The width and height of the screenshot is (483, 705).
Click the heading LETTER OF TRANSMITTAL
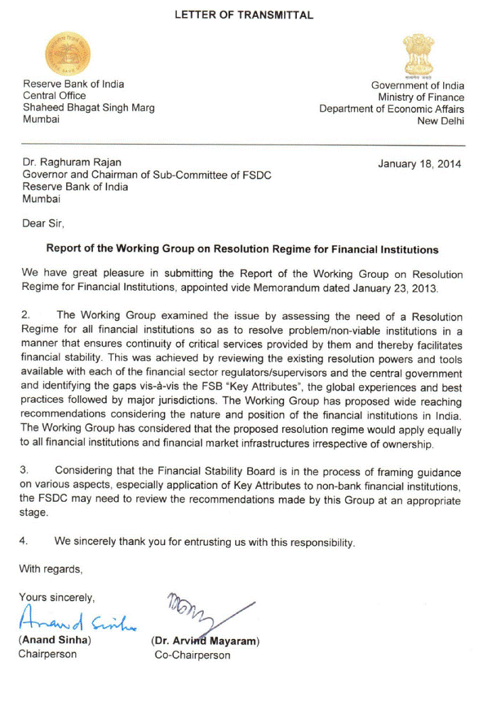244,15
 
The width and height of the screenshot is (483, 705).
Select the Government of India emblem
414,55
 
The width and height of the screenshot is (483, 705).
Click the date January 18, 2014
419,164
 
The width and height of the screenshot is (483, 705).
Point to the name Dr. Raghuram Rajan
66,163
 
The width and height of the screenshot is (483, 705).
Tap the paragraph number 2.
26,316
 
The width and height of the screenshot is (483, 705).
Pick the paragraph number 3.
26,471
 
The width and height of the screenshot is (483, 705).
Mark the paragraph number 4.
26,541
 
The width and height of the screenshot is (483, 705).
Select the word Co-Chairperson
192,655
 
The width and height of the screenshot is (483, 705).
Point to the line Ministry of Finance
420,97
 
